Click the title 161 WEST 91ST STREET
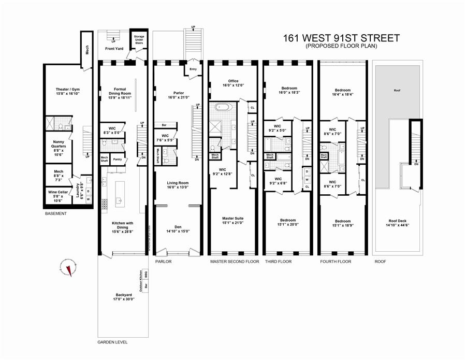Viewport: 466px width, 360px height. tap(341, 38)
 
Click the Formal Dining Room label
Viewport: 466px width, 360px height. tap(117, 92)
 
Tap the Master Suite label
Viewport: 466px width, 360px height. tap(232, 221)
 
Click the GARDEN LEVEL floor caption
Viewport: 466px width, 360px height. tap(112, 342)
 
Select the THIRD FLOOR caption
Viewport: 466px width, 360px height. tap(278, 262)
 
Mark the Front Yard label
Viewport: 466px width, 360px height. tap(114, 49)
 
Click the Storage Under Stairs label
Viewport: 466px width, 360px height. tap(139, 40)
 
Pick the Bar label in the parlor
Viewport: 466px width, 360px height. tap(164, 125)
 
